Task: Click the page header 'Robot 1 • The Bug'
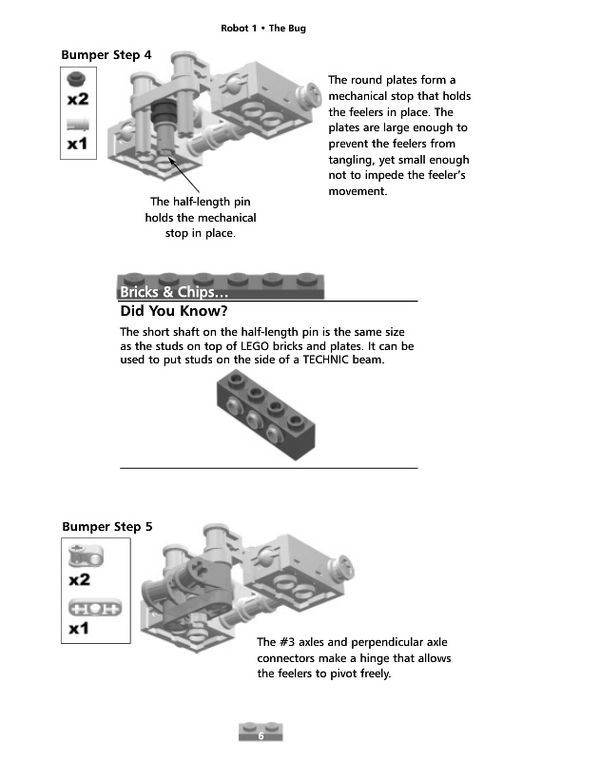(x=263, y=29)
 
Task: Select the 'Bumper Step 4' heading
(x=106, y=55)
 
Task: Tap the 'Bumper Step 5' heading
(x=106, y=526)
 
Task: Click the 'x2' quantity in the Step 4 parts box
(x=78, y=99)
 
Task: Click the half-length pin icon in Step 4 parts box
(x=78, y=123)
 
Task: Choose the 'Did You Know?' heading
(x=174, y=311)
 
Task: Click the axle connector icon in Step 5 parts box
(x=79, y=556)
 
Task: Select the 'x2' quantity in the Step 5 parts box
(x=79, y=578)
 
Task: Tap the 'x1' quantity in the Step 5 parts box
(x=79, y=629)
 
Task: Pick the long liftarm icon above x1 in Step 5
(x=79, y=607)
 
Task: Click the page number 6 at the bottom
(x=260, y=736)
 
